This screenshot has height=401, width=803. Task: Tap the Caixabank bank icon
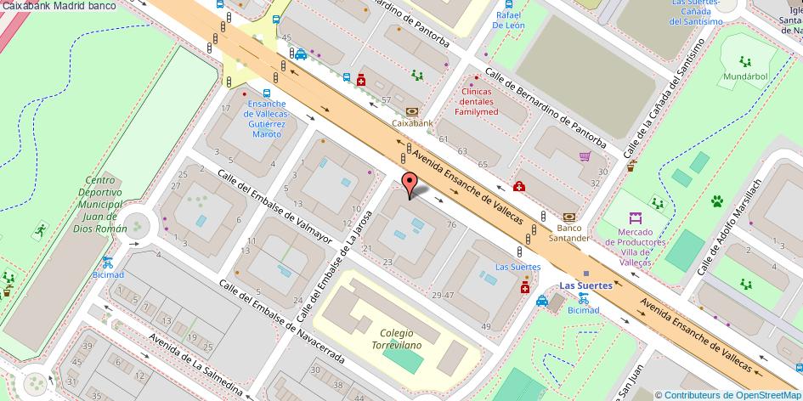coord(412,110)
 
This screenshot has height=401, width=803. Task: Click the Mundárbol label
coord(746,76)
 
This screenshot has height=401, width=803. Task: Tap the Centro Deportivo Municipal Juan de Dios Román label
coord(99,204)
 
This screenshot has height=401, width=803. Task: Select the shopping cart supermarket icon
coord(585,156)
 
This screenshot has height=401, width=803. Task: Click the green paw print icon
coord(717,201)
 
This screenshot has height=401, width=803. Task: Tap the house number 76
coord(451,224)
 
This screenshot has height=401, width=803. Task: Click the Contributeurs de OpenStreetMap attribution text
coord(732,394)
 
